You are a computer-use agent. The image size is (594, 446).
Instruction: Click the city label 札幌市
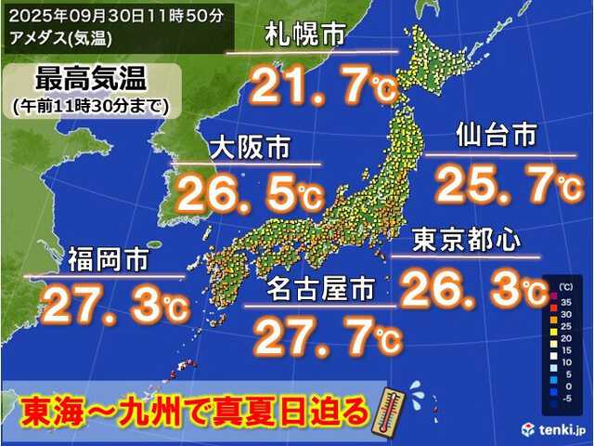click(304, 37)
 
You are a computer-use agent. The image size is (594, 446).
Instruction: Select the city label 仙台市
click(497, 136)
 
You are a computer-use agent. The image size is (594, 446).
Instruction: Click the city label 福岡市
click(101, 261)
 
